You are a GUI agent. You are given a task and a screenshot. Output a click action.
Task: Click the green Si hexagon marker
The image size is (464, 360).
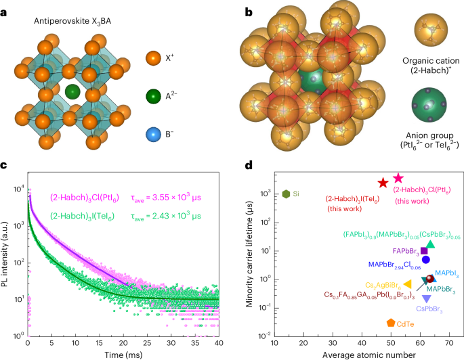(287, 194)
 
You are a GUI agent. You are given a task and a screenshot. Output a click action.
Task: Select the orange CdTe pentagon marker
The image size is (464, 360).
(391, 323)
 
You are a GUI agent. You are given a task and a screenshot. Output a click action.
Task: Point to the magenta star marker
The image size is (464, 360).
(398, 178)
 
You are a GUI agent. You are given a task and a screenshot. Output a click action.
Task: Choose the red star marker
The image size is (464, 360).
(383, 183)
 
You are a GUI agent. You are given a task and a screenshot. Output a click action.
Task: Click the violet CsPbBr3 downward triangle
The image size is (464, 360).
(426, 298)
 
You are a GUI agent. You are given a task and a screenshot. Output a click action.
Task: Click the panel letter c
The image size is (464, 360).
(5, 166)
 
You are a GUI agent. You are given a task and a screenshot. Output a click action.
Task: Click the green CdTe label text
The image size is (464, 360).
(406, 324)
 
